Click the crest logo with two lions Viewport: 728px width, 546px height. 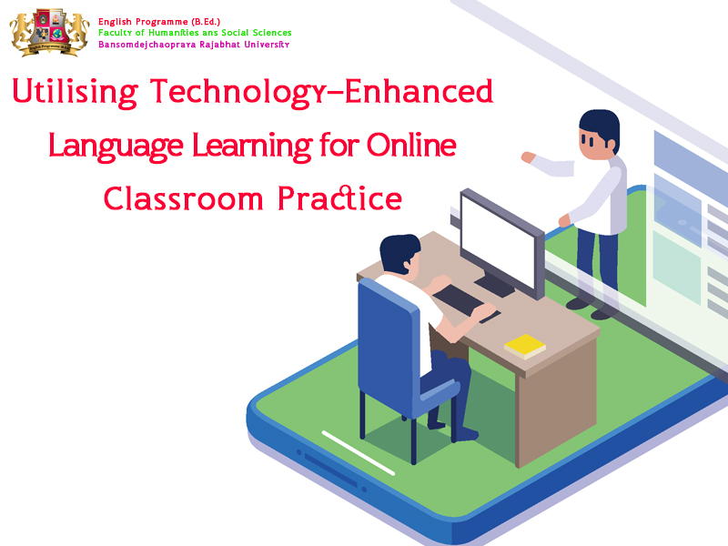point(49,32)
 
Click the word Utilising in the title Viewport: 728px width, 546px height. point(76,93)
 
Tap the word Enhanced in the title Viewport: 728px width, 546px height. point(419,91)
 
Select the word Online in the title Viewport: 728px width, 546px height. point(411,146)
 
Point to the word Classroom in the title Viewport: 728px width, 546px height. point(184,198)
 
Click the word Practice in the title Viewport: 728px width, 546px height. point(339,198)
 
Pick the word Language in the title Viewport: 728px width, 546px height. point(116,147)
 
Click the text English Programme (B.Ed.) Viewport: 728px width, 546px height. point(159,22)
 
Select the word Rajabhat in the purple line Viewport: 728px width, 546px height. point(219,45)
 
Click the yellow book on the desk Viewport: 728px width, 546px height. point(525,347)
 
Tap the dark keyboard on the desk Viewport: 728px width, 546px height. point(459,300)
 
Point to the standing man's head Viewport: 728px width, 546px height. point(600,135)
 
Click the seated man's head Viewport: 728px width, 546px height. point(399,254)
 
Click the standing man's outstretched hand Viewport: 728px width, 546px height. point(528,157)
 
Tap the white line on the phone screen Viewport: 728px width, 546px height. point(358,453)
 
